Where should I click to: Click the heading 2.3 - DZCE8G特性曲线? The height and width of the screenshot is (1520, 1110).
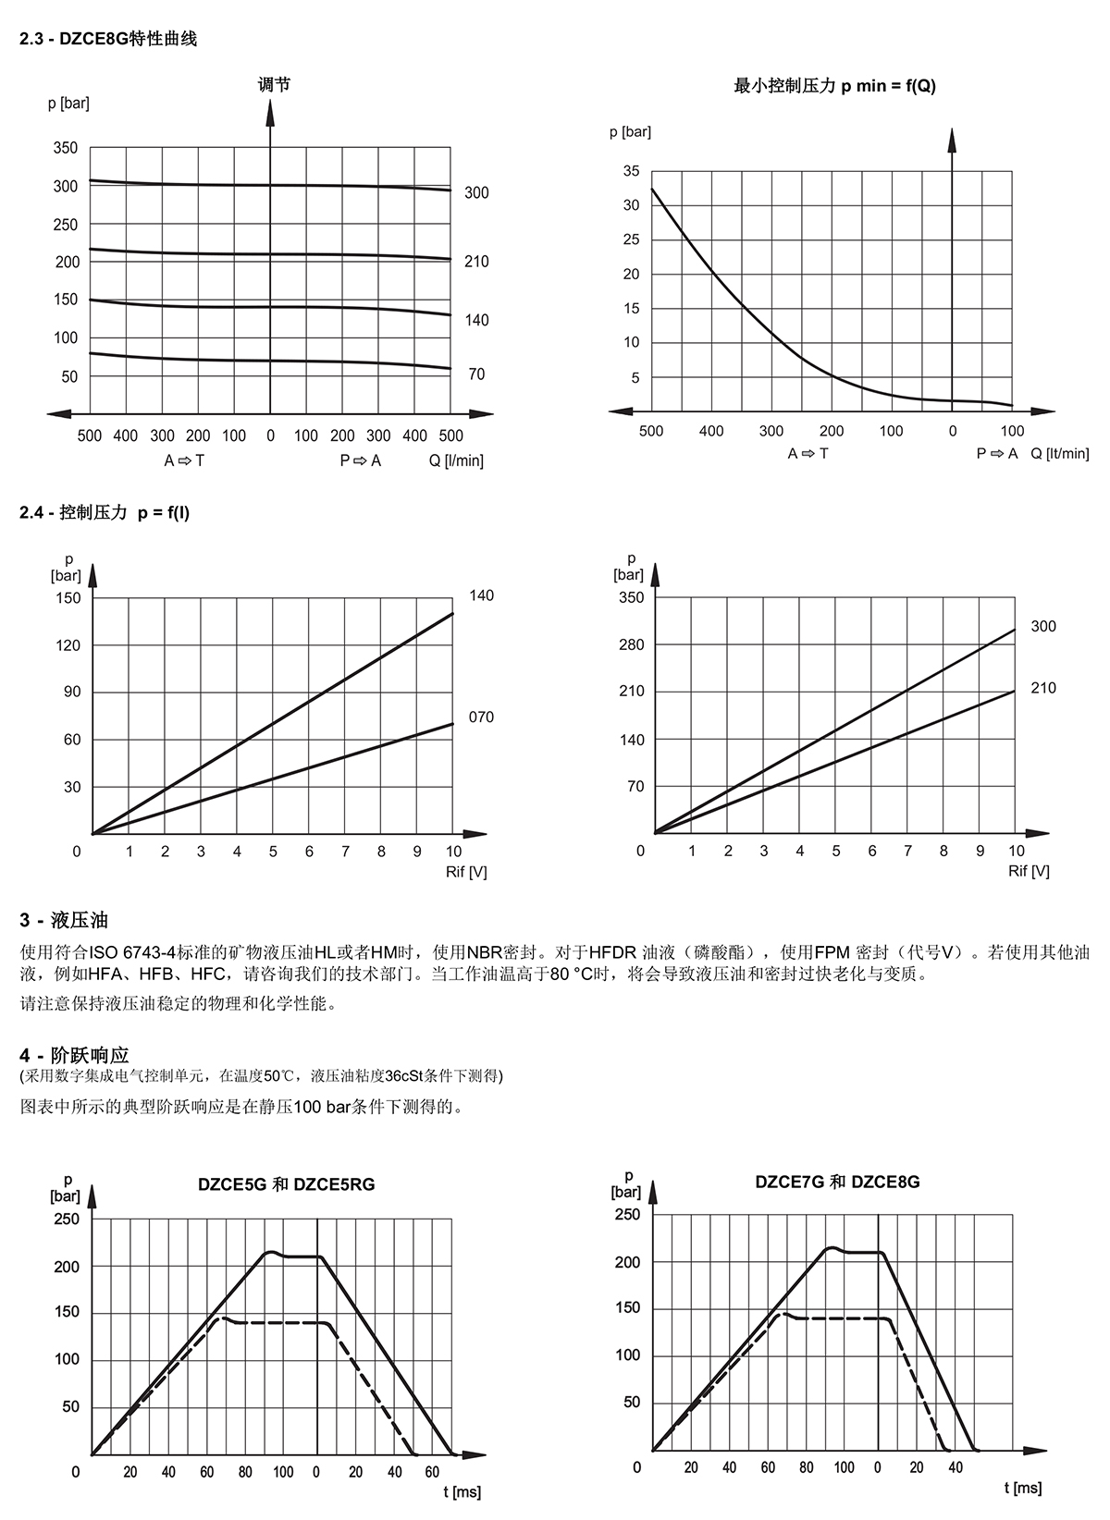tap(108, 39)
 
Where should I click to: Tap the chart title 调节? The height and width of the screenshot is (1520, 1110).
tap(274, 84)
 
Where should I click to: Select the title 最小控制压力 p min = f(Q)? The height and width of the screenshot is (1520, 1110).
tap(834, 85)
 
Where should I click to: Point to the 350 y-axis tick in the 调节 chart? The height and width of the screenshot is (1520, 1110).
tap(66, 148)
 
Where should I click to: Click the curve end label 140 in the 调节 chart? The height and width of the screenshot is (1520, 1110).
tap(476, 320)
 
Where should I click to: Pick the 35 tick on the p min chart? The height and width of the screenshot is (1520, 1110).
tap(632, 171)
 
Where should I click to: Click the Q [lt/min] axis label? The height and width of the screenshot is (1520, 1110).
tap(1060, 453)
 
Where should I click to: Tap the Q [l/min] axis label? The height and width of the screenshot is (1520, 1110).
tap(456, 460)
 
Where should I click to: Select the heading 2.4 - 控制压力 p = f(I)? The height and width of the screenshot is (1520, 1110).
tap(105, 512)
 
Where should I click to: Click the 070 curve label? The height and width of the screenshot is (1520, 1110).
tap(481, 717)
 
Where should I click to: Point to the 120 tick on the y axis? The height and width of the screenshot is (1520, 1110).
tap(68, 645)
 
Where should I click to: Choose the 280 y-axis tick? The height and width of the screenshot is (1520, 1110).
tap(632, 644)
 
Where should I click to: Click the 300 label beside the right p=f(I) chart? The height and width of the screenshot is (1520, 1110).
tap(1043, 626)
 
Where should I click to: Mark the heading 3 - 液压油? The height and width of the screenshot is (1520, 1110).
tap(64, 920)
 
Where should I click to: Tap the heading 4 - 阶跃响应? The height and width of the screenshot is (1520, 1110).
tap(74, 1055)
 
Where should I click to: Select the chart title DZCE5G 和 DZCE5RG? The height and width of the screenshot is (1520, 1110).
tap(287, 1184)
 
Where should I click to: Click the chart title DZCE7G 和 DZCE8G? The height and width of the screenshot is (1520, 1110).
tap(838, 1182)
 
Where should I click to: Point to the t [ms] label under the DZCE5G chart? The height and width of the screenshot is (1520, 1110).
tap(462, 1491)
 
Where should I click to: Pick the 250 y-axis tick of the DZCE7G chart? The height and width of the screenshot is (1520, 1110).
tap(627, 1214)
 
